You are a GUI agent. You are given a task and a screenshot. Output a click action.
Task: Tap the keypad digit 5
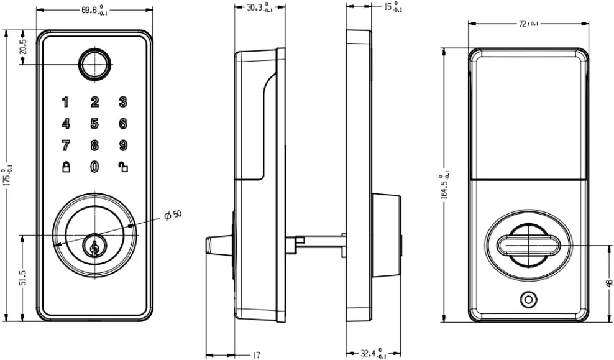[x=94, y=123]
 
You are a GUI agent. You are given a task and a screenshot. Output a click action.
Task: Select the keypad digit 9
[x=123, y=145]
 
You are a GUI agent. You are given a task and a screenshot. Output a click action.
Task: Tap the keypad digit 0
[x=94, y=167]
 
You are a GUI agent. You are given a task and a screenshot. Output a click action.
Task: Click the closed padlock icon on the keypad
[x=65, y=167]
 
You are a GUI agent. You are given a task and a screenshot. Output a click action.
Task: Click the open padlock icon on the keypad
[x=123, y=167]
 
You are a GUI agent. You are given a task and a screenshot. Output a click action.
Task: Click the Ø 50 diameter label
[x=173, y=215]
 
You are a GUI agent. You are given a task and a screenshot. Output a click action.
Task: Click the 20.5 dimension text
[x=24, y=47]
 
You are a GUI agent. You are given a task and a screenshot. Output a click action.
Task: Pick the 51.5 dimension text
[x=24, y=277]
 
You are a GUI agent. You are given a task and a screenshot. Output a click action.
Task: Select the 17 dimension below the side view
[x=256, y=355]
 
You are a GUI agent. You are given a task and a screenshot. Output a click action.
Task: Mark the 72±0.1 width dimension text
[x=528, y=23]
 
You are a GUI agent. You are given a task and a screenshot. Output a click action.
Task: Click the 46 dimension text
[x=608, y=284]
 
